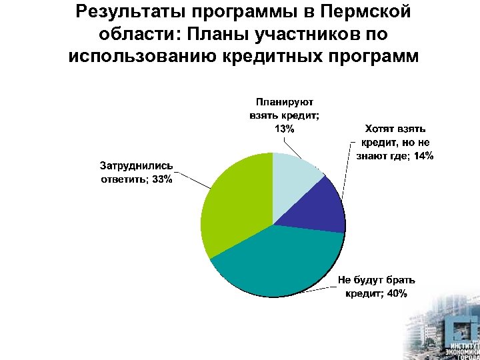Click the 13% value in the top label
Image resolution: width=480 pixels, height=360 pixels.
click(284, 129)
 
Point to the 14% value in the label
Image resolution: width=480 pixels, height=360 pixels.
click(423, 156)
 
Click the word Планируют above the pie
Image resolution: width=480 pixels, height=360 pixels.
click(283, 102)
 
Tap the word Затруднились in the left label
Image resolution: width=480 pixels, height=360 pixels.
click(136, 165)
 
